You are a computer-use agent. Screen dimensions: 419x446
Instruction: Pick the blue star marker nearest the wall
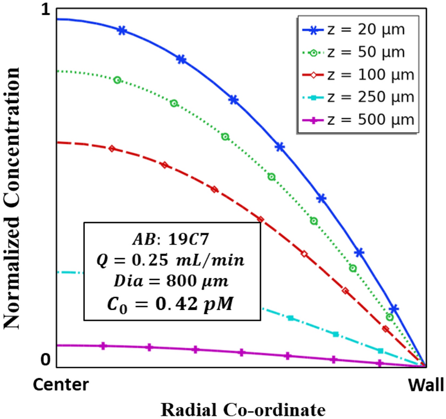pos(394,309)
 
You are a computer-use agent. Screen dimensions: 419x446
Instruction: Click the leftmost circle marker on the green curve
pos(118,80)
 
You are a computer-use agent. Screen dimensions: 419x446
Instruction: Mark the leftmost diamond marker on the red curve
pos(112,148)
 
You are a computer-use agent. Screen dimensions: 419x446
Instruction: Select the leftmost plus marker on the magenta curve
pos(104,346)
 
